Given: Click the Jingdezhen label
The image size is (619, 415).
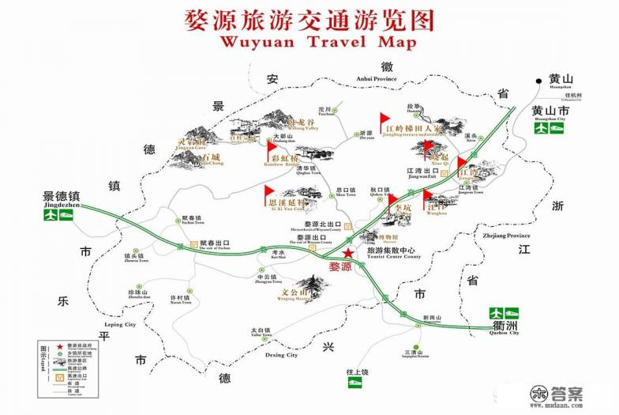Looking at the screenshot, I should [x=65, y=204].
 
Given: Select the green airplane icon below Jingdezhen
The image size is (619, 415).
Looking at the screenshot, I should [x=51, y=215].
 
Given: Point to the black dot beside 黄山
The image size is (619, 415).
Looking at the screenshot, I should [x=538, y=79].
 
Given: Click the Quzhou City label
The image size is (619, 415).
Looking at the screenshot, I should [x=504, y=333].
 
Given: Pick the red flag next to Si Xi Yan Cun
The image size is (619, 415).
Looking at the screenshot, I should [x=268, y=191].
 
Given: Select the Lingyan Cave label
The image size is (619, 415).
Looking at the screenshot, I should [x=190, y=148].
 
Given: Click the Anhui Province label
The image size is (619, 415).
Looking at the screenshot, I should [x=376, y=79].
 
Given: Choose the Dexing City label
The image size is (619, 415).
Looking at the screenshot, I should [x=280, y=356].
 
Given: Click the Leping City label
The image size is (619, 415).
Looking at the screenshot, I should [x=119, y=325].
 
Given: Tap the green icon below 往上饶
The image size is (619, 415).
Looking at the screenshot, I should [x=356, y=383].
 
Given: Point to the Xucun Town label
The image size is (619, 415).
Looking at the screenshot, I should [x=182, y=302].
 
